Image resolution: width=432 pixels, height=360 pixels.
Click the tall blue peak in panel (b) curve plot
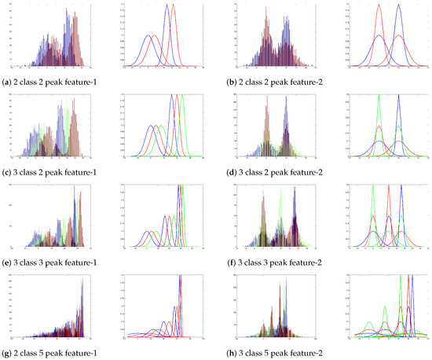pos(399,6)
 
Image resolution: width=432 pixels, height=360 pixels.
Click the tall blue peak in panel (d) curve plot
pos(399,97)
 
